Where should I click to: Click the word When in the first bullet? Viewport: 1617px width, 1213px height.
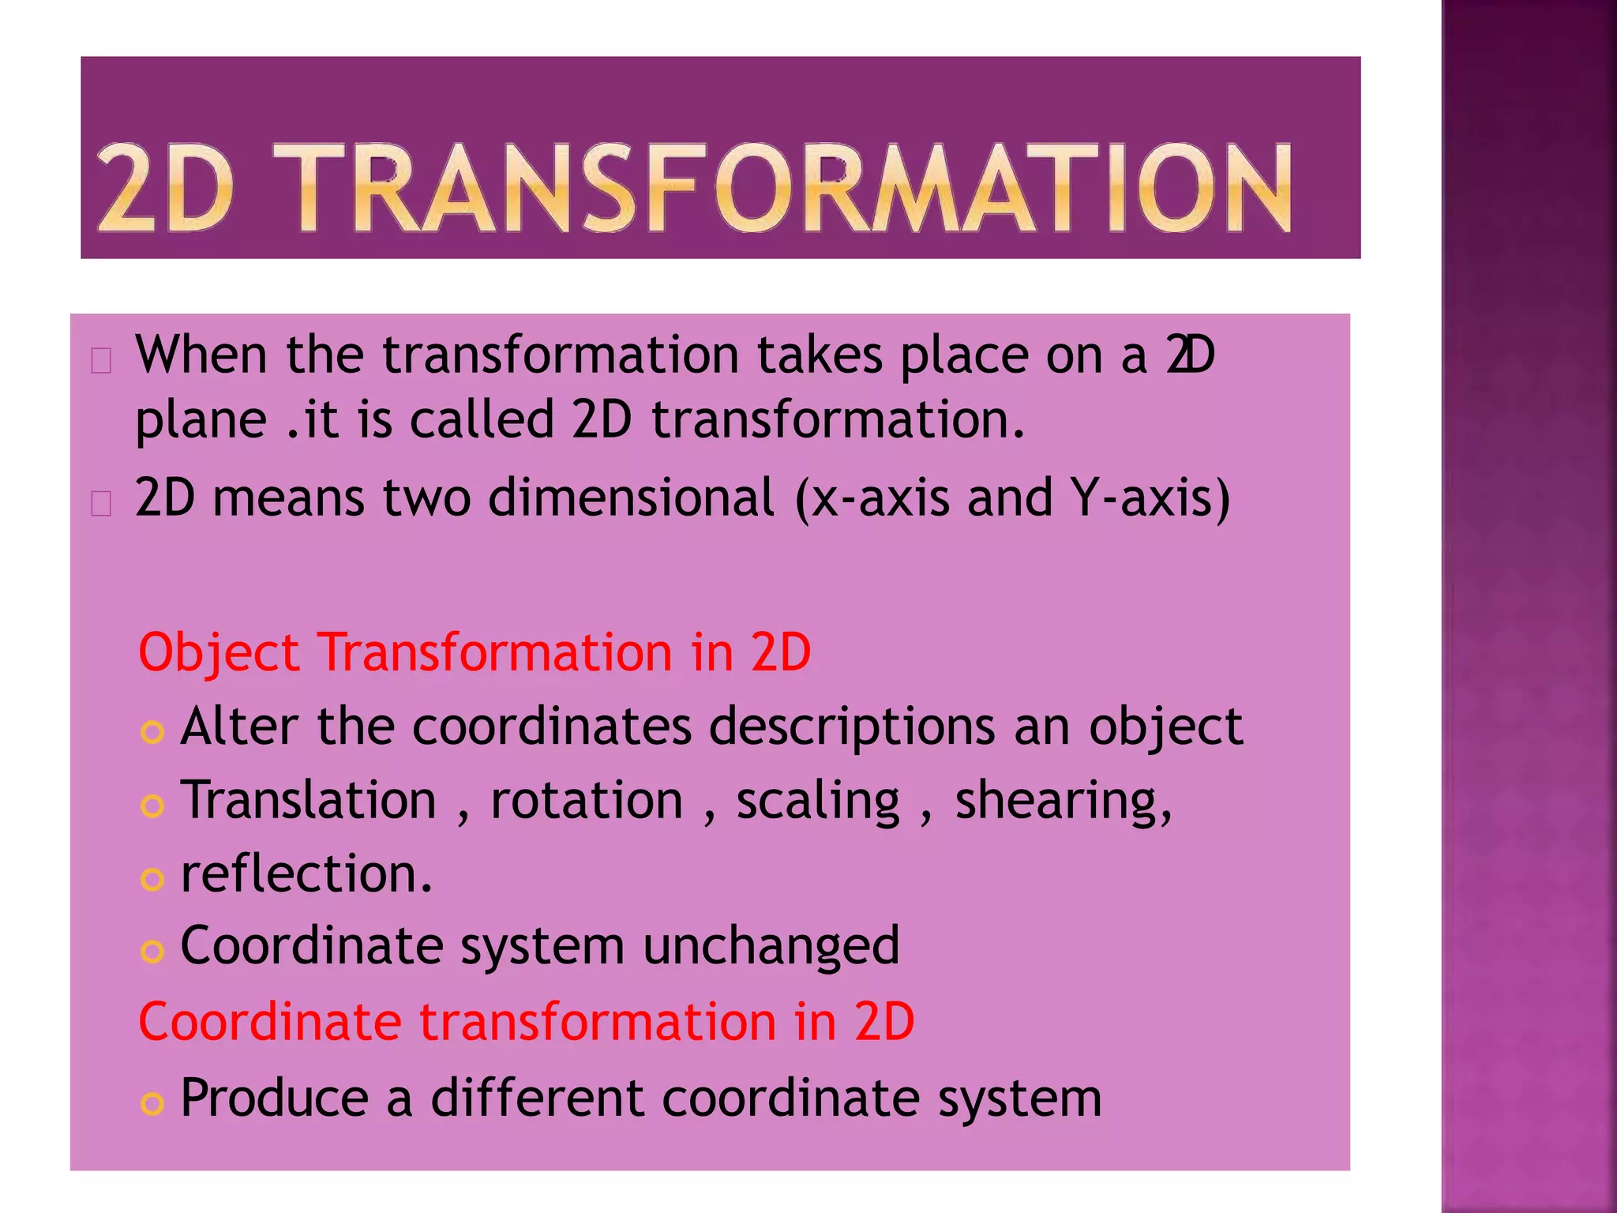201,355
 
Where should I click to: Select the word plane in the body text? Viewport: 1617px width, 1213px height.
201,420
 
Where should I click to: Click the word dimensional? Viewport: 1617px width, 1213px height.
631,498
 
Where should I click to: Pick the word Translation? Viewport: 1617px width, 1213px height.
308,800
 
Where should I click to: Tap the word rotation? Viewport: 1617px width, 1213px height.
587,800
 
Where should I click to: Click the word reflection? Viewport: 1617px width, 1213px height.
306,873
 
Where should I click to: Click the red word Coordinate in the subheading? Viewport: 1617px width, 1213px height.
270,1021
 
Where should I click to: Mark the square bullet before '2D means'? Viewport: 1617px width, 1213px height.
101,503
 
